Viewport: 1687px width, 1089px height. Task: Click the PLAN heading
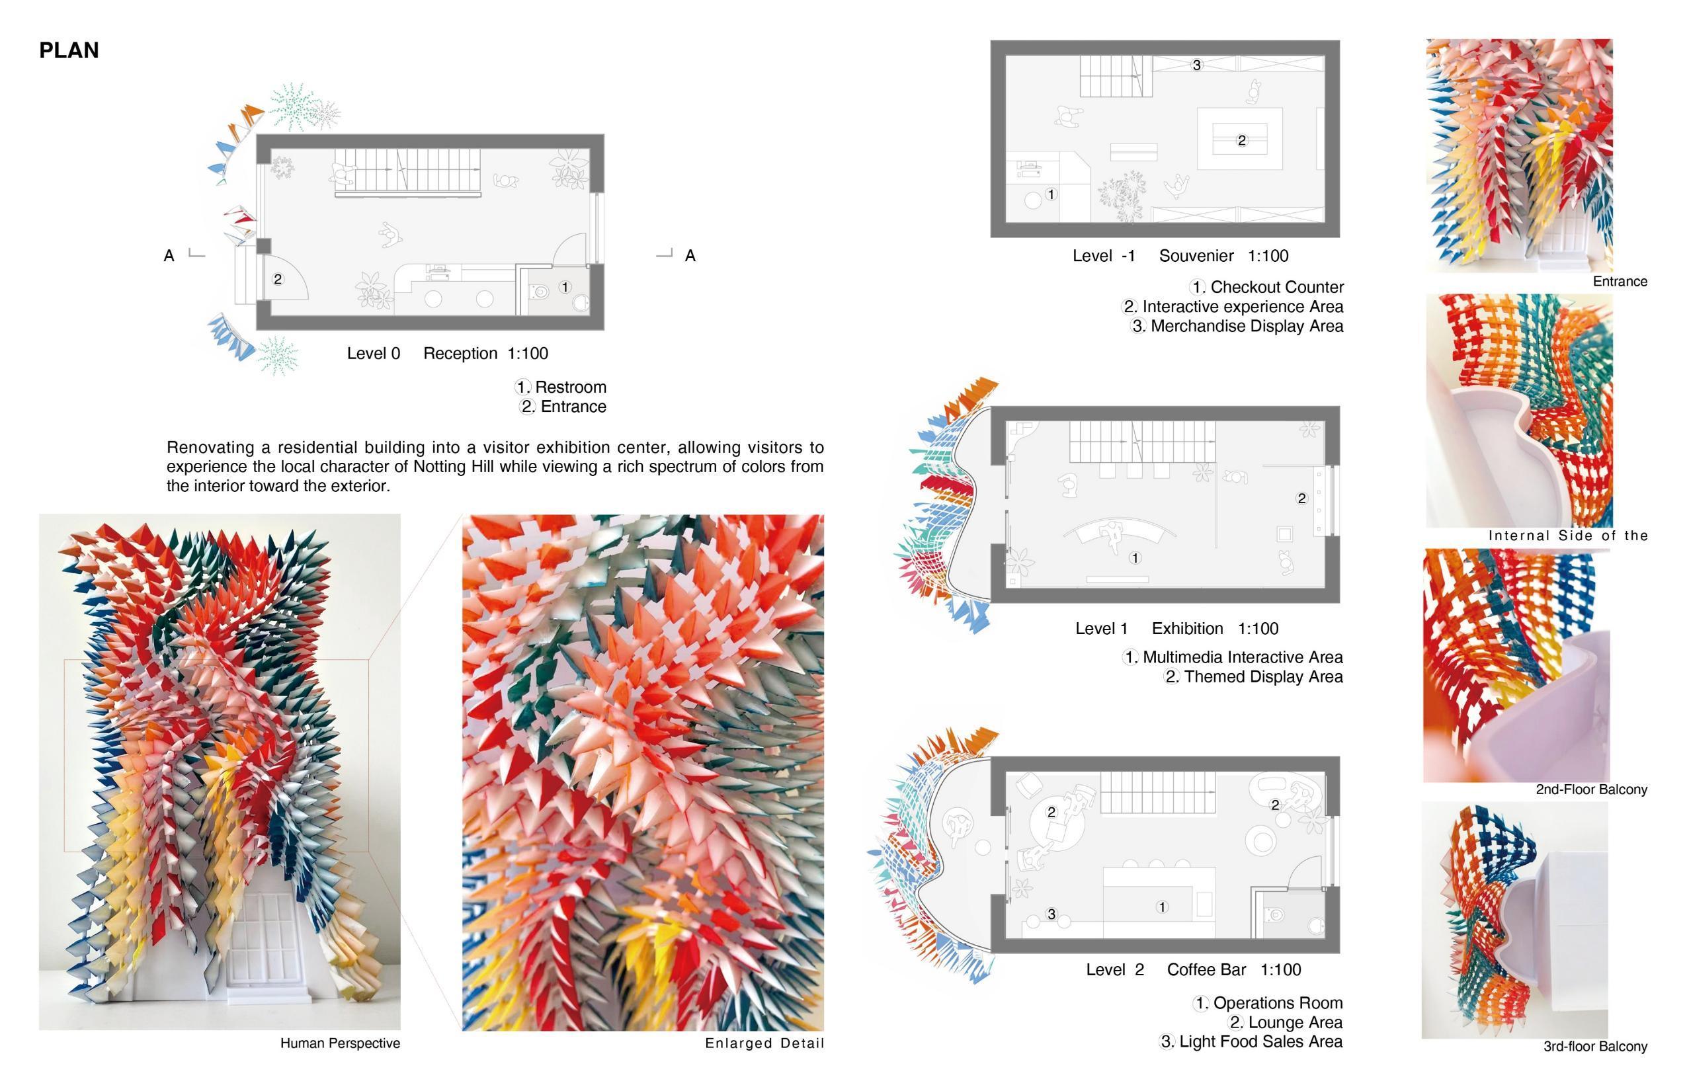click(x=69, y=50)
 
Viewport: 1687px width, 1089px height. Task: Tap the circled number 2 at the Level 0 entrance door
click(x=277, y=279)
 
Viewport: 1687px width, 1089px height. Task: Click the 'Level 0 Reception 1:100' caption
click(x=447, y=354)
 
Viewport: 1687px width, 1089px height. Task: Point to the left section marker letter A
click(x=169, y=256)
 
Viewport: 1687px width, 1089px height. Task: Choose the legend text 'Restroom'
click(x=571, y=387)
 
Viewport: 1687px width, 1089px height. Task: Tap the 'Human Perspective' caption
click(x=340, y=1043)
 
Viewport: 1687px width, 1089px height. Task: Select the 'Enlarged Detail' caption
click(x=764, y=1043)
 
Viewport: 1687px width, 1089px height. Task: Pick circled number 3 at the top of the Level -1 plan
click(x=1196, y=65)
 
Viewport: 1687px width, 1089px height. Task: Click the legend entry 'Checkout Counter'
click(x=1277, y=287)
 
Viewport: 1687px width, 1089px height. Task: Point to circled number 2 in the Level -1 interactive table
click(x=1241, y=141)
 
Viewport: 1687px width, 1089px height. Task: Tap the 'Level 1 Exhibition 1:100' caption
click(x=1176, y=629)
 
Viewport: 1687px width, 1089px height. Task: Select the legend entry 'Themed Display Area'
click(x=1264, y=676)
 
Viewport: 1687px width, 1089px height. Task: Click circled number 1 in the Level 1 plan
click(x=1135, y=559)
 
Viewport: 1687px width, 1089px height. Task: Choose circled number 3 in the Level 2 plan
click(x=1051, y=914)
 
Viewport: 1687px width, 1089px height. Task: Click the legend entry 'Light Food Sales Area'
click(x=1260, y=1041)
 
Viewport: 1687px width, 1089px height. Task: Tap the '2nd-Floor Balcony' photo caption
click(x=1591, y=789)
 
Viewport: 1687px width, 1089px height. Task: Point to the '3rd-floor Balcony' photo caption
click(x=1595, y=1046)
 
